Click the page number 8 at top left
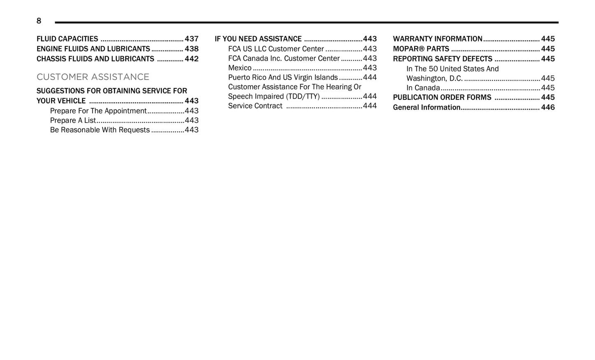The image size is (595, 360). [39, 21]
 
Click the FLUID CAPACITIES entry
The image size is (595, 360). [67, 39]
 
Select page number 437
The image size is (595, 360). [191, 39]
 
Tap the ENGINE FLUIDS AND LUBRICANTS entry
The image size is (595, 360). [93, 49]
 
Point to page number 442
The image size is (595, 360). [191, 59]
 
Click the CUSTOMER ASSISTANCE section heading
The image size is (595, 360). [93, 77]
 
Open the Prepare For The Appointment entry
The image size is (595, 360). [98, 111]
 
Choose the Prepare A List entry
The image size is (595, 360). [73, 120]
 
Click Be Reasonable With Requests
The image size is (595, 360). [100, 130]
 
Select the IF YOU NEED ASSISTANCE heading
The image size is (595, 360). [258, 39]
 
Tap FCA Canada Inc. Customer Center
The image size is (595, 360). [284, 58]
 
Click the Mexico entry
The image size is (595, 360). [240, 68]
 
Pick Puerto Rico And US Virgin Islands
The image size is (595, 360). [283, 77]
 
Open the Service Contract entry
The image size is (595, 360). [255, 106]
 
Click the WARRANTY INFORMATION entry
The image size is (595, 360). [437, 39]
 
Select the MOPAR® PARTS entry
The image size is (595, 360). [421, 49]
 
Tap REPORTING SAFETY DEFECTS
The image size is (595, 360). [442, 59]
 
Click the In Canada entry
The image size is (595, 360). [423, 88]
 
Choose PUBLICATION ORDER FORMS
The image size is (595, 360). [442, 97]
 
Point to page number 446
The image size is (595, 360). [548, 107]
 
